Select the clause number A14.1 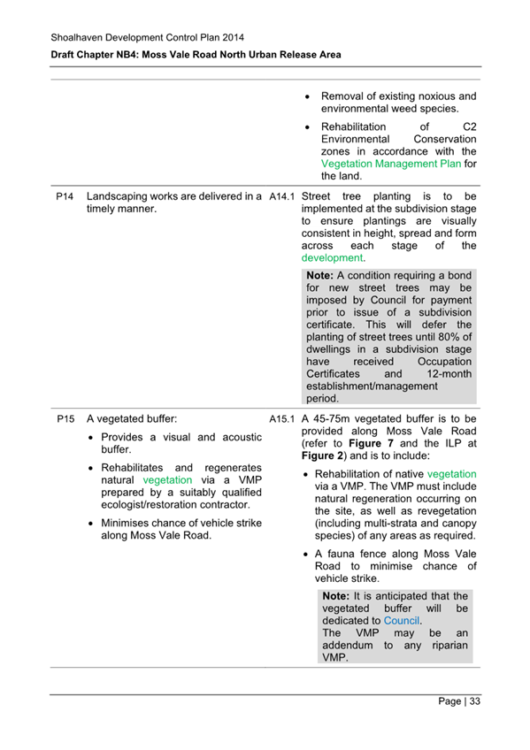[281, 195]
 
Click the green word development [332, 258]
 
